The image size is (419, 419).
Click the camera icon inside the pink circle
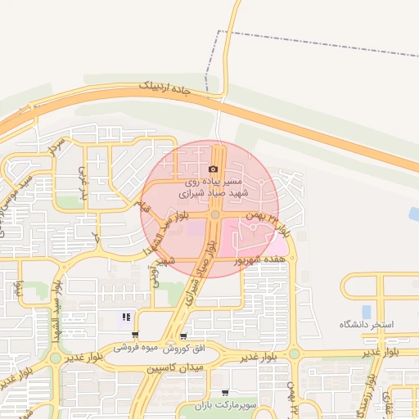[214, 168]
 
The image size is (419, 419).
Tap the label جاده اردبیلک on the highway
[164, 86]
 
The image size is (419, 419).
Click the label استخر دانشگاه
[367, 325]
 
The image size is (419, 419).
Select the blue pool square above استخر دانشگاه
[366, 311]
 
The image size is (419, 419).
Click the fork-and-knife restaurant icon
[126, 317]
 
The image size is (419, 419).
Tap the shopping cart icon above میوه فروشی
[135, 335]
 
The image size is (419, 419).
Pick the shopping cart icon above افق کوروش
[183, 336]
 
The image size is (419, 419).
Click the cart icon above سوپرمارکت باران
[225, 393]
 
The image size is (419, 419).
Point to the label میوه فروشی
[136, 347]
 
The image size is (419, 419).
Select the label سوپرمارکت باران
[232, 405]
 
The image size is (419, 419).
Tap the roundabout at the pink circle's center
[214, 214]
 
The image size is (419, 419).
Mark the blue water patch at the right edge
[414, 214]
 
